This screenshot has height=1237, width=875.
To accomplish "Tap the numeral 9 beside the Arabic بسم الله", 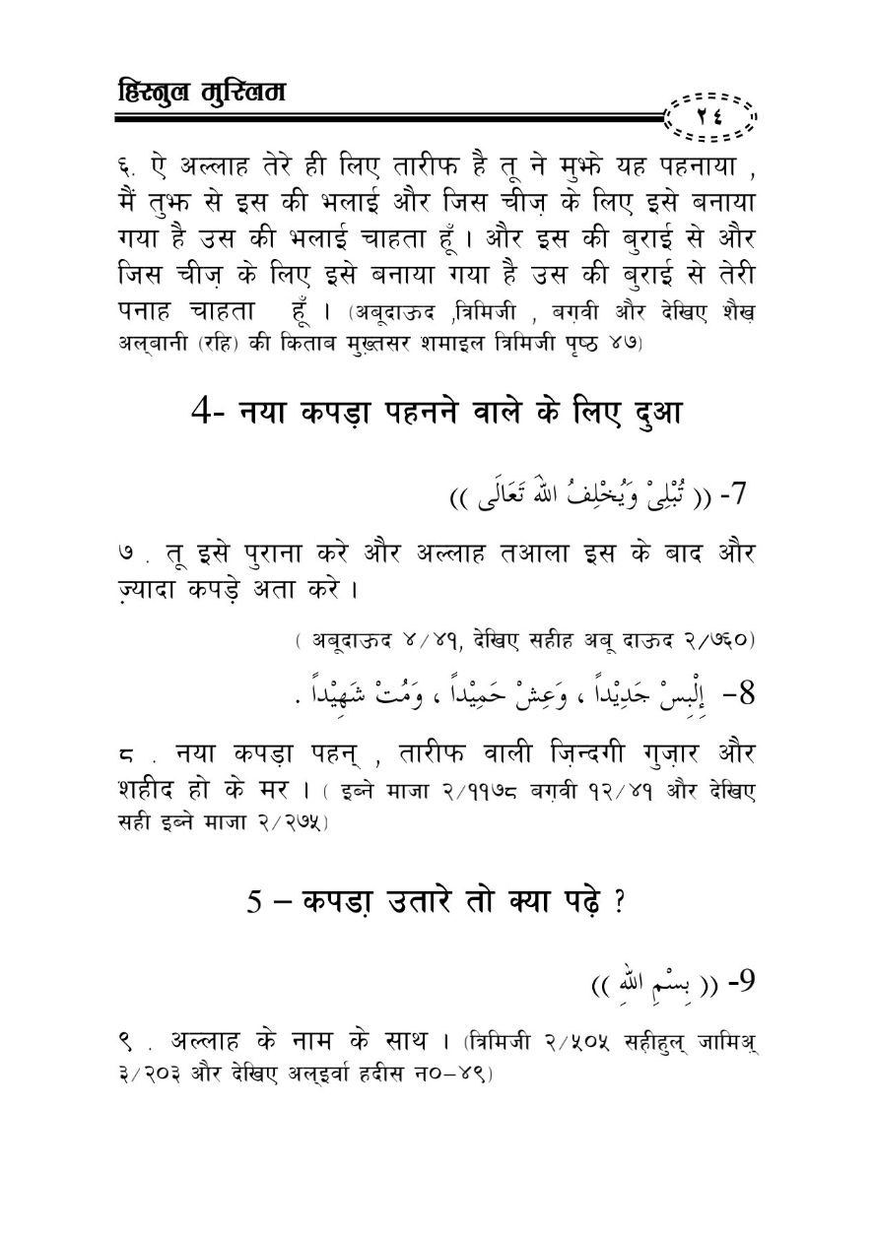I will click(740, 986).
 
